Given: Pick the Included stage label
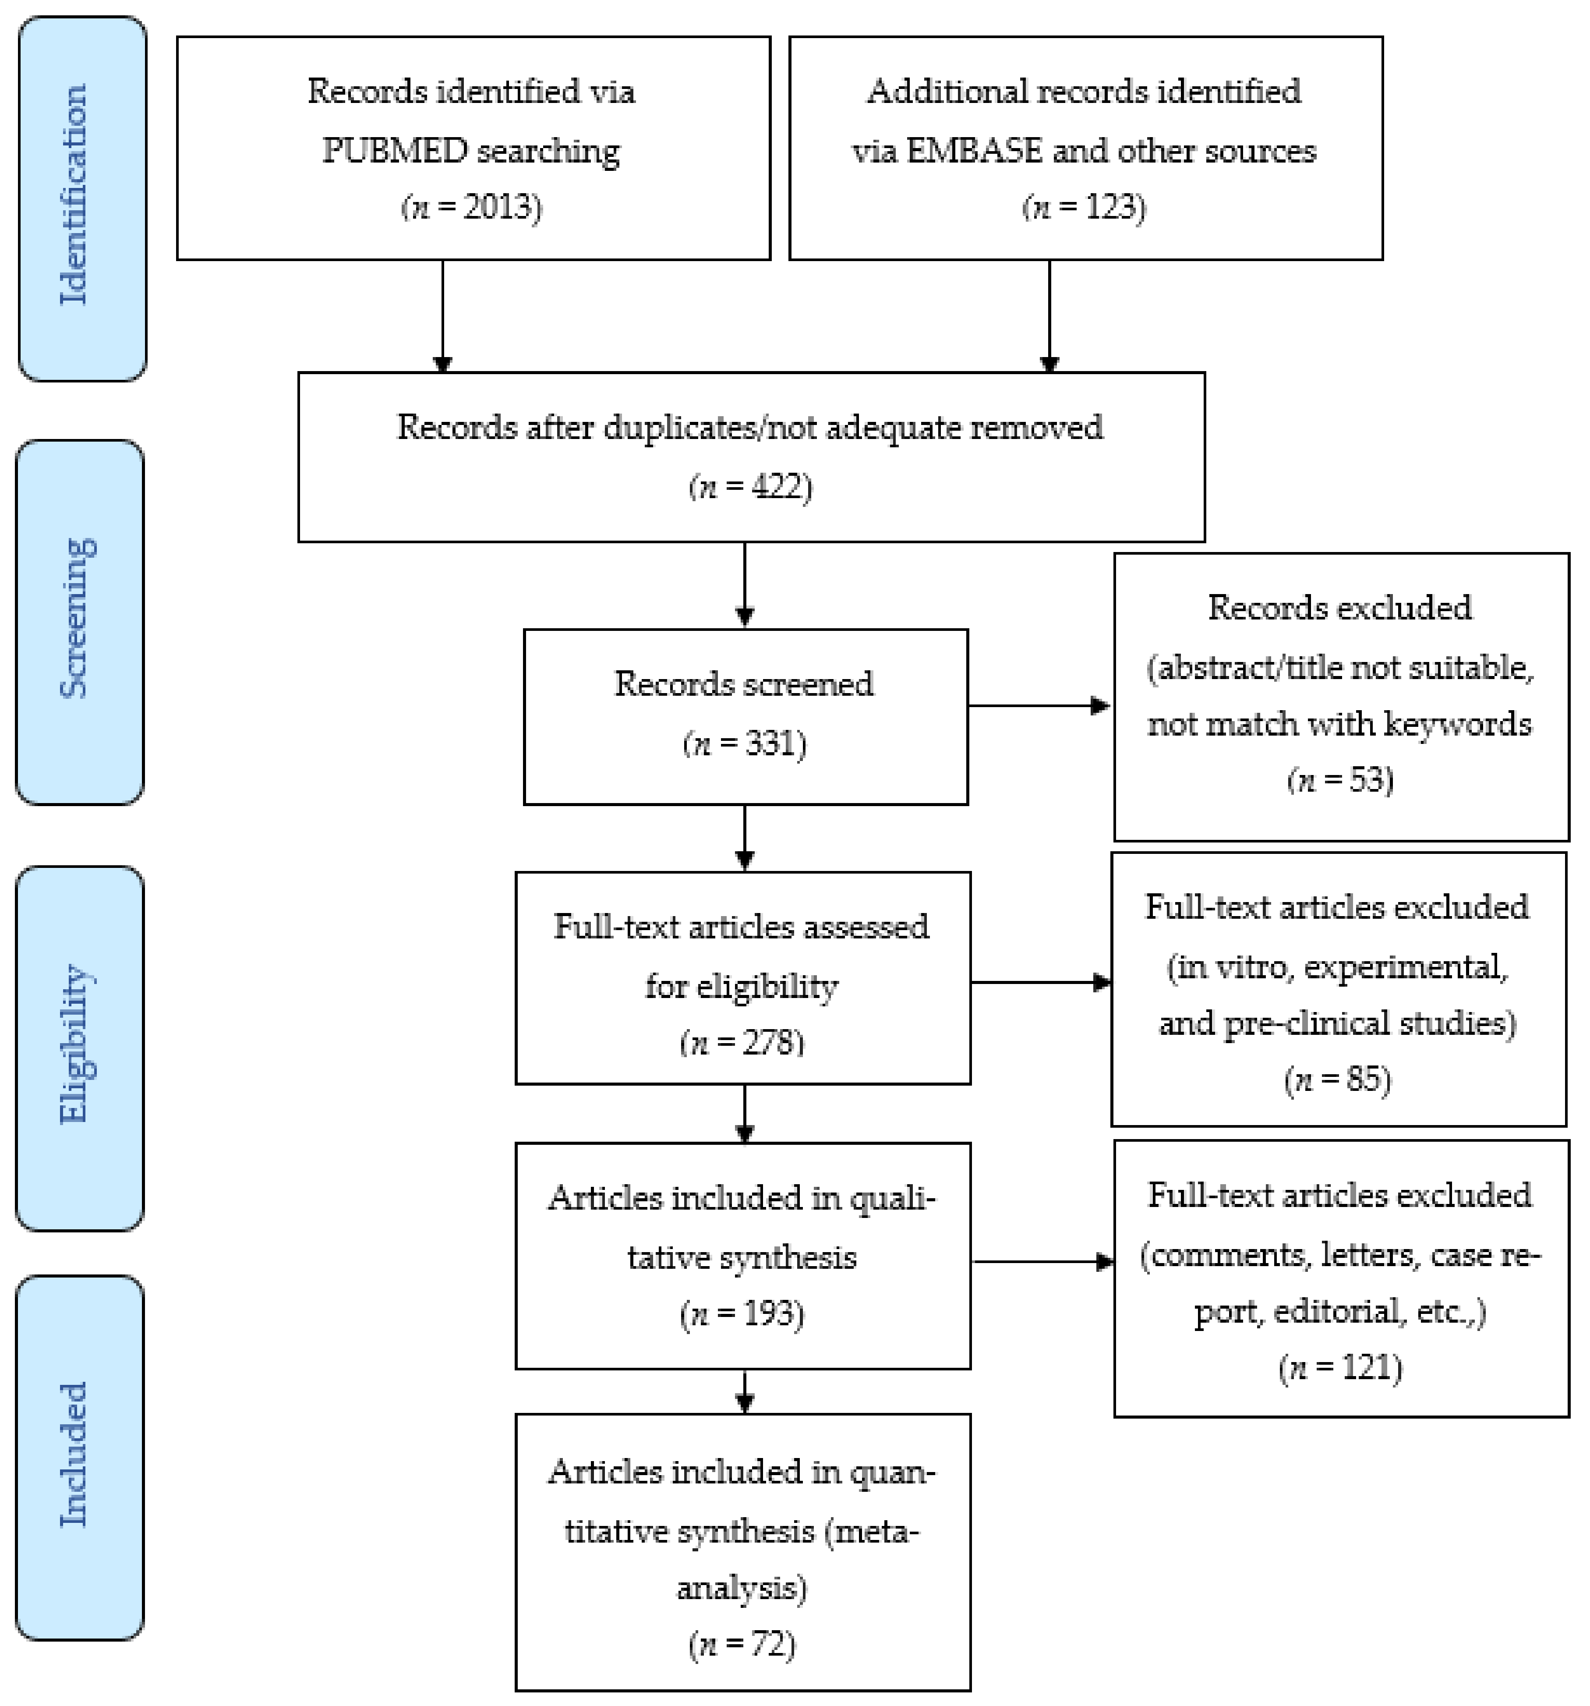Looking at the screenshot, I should pyautogui.click(x=74, y=1454).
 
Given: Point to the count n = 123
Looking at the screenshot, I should pyautogui.click(x=1084, y=208).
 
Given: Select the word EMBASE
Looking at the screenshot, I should pyautogui.click(x=975, y=151).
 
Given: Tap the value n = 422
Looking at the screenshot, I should pyautogui.click(x=750, y=487).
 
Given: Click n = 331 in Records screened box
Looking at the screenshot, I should pyautogui.click(x=744, y=743).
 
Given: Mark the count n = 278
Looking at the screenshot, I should pyautogui.click(x=742, y=1043).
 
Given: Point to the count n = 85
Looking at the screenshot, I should pyautogui.click(x=1337, y=1079).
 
